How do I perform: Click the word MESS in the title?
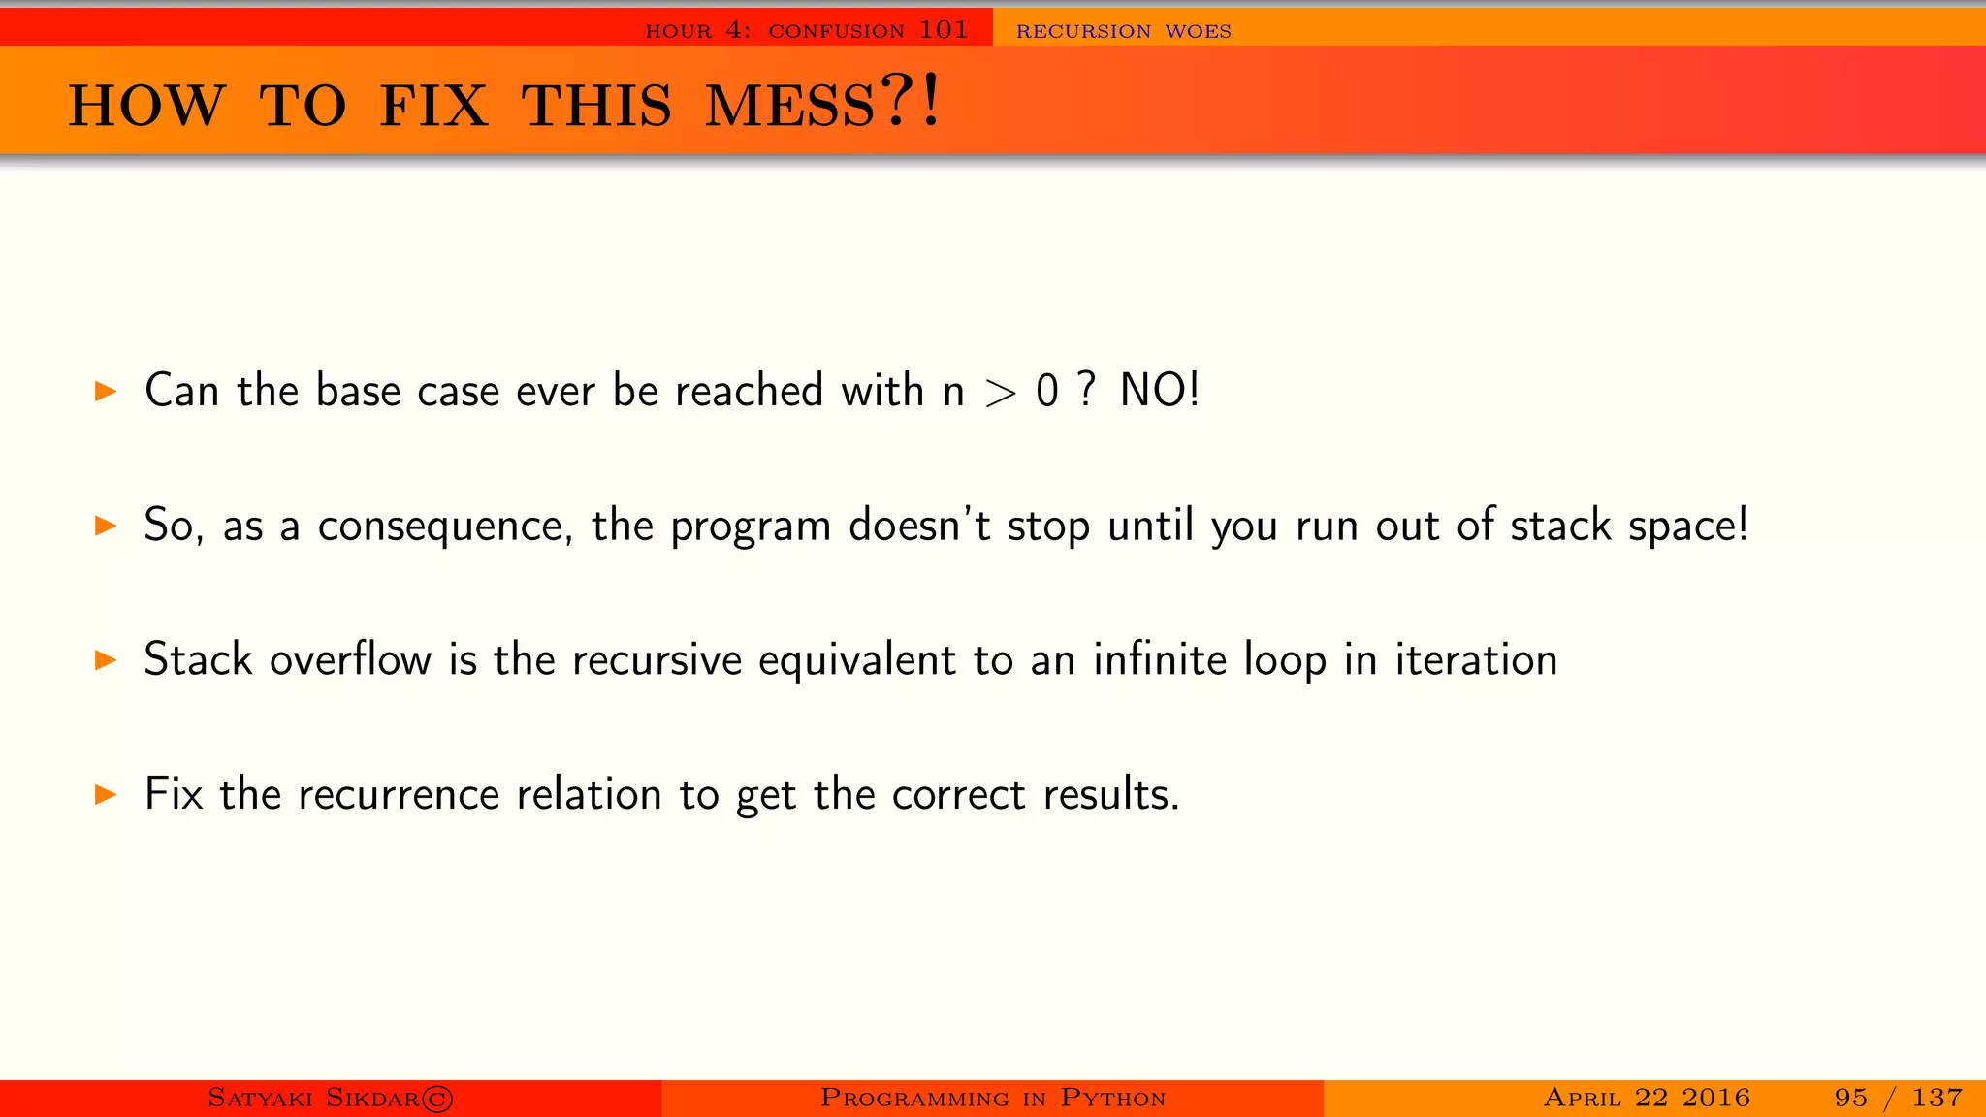[789, 106]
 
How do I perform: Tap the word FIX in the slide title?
[433, 106]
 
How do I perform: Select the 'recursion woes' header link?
[1123, 31]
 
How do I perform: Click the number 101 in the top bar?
[944, 30]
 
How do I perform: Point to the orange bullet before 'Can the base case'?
[106, 392]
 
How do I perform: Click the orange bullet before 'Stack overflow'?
[106, 660]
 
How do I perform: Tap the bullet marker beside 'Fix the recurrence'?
[106, 795]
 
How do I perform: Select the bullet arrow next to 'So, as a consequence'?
[106, 526]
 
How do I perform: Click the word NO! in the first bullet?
[1160, 391]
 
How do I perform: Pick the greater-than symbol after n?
[1000, 393]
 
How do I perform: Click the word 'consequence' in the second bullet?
[445, 527]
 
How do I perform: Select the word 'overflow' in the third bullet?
[350, 660]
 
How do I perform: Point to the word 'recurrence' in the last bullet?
[399, 795]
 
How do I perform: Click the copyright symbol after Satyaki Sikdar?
[437, 1099]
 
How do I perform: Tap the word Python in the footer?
[1112, 1099]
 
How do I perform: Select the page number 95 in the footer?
[1850, 1098]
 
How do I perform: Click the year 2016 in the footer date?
[1715, 1098]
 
